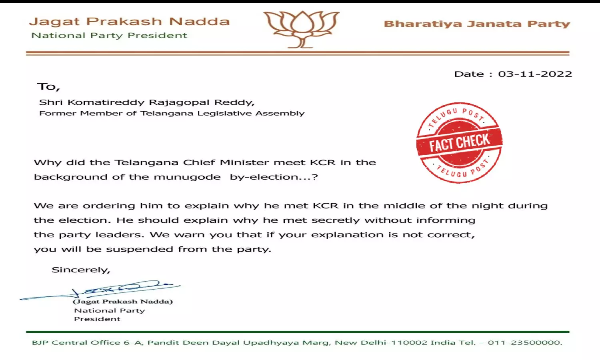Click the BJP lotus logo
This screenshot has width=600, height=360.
[x=301, y=29]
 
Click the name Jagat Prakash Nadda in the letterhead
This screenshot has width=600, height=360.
[x=129, y=22]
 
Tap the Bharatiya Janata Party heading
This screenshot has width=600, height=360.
[x=477, y=24]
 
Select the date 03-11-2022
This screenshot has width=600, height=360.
[x=535, y=74]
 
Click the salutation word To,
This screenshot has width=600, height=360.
[x=48, y=87]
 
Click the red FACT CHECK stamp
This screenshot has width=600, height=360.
[x=459, y=142]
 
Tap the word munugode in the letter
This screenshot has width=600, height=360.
[x=187, y=177]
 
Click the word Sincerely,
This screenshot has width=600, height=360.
[x=81, y=270]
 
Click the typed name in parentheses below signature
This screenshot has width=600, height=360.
[x=123, y=302]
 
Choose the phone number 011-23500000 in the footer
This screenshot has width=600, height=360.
[x=524, y=343]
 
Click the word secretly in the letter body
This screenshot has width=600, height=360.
[x=336, y=220]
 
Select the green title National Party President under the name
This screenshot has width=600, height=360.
[x=109, y=36]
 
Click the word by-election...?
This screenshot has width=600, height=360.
[x=274, y=177]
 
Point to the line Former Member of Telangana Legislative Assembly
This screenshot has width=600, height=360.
[x=172, y=114]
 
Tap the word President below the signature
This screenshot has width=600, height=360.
[x=97, y=319]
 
